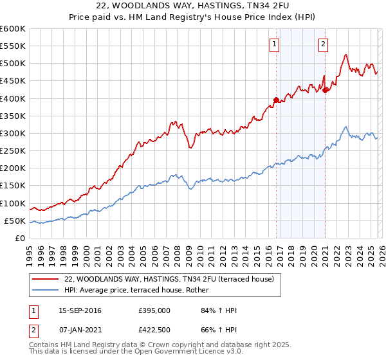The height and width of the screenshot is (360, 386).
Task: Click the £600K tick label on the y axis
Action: click(12, 29)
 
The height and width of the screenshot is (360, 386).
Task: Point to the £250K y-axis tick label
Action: click(12, 151)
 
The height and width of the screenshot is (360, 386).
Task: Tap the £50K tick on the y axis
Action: click(15, 221)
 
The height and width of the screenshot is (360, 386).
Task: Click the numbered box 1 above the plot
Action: click(275, 44)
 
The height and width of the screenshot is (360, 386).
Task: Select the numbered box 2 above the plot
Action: click(322, 44)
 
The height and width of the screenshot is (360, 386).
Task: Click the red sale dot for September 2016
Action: click(276, 100)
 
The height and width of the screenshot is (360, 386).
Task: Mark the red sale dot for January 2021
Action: click(326, 90)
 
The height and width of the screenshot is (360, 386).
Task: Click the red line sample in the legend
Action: click(46, 279)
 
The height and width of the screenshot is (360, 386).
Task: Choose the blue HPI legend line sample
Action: click(46, 290)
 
